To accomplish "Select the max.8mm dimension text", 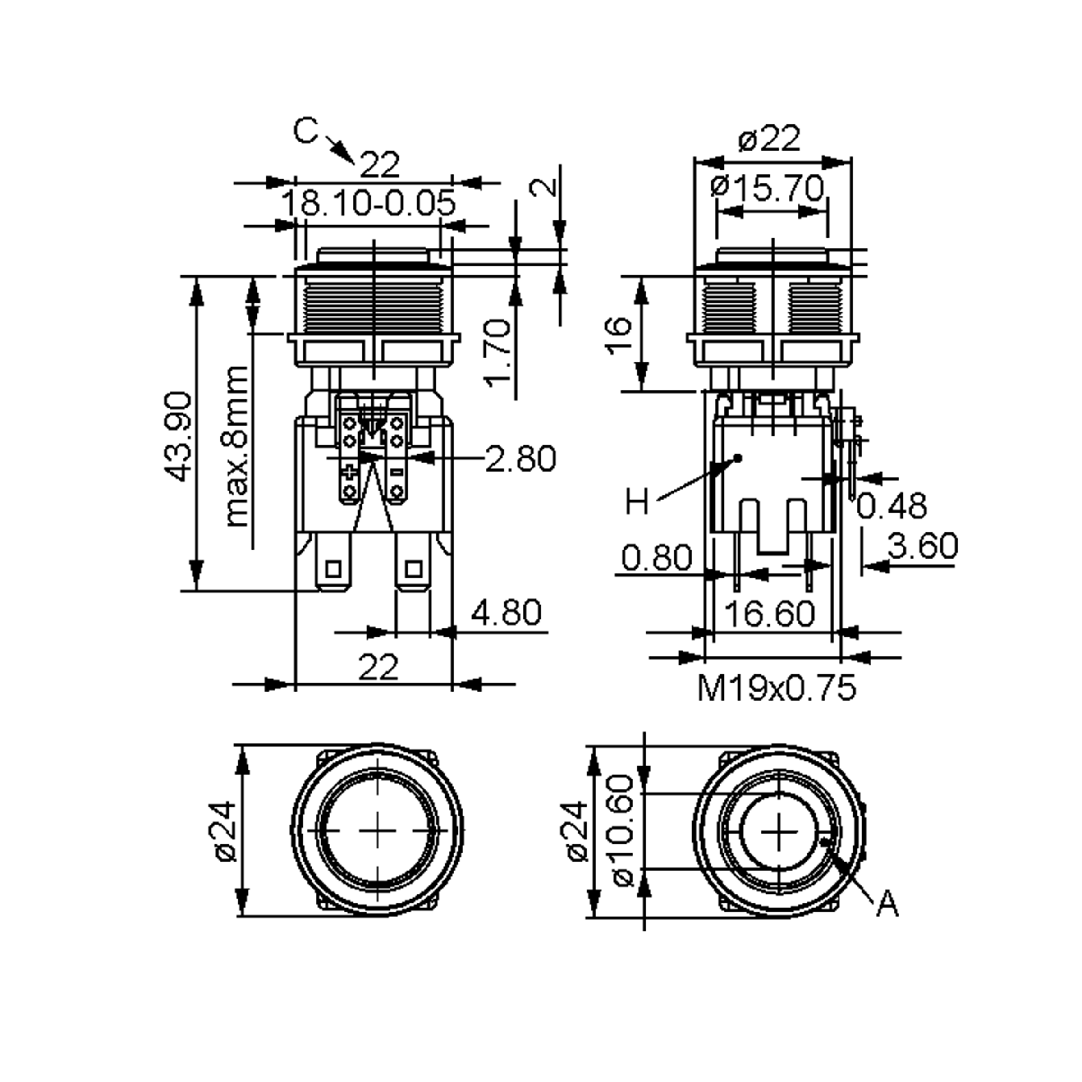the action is coord(236,446).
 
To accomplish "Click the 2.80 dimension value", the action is coord(520,458).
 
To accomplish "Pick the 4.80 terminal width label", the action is coord(506,612).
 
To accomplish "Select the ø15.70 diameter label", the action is coord(768,187).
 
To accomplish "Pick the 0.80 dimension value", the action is coord(657,558).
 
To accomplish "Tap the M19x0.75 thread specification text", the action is coord(777,688).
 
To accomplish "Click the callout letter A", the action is coord(887,904).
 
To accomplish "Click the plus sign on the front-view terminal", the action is coord(350,472).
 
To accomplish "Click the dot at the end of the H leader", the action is coord(738,458).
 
